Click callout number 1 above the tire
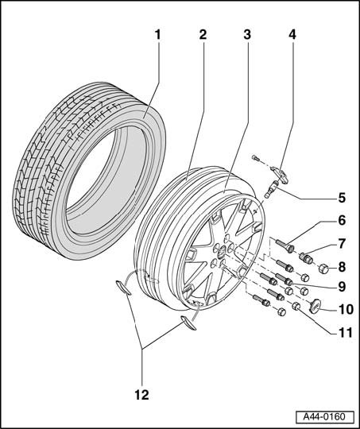(x=157, y=35)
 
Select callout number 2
(x=203, y=35)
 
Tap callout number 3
(x=247, y=35)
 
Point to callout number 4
(x=292, y=35)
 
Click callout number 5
(x=342, y=198)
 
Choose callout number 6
(x=342, y=221)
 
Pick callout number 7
(x=342, y=244)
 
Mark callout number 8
(x=342, y=267)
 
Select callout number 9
(x=342, y=287)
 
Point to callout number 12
(x=141, y=395)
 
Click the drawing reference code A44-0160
(x=324, y=417)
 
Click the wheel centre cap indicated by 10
(x=315, y=305)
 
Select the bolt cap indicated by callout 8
(x=324, y=269)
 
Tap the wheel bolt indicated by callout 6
(x=285, y=245)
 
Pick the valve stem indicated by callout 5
(x=272, y=189)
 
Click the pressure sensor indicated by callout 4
(x=281, y=175)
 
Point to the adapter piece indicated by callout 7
(x=306, y=258)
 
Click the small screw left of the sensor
(x=255, y=158)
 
